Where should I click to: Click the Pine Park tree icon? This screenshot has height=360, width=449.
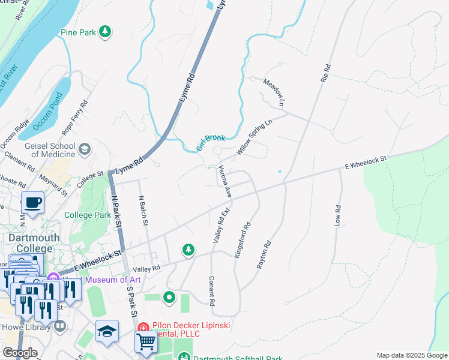click(105, 31)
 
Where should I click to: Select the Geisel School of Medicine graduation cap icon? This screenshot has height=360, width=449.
click(85, 149)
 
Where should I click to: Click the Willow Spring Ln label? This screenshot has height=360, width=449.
click(255, 138)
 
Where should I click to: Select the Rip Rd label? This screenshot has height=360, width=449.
click(326, 74)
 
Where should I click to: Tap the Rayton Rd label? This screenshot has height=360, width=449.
click(264, 254)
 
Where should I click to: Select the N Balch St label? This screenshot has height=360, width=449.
click(142, 209)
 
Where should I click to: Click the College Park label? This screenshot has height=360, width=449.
click(87, 215)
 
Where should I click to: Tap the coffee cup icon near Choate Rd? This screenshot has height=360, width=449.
click(32, 202)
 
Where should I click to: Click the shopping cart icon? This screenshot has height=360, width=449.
click(146, 341)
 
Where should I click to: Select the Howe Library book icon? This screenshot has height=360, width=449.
click(59, 326)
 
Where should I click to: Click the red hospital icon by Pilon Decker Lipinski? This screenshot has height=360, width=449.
click(143, 328)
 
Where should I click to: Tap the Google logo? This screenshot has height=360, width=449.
click(20, 353)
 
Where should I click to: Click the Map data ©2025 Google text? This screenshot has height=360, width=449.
click(411, 355)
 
